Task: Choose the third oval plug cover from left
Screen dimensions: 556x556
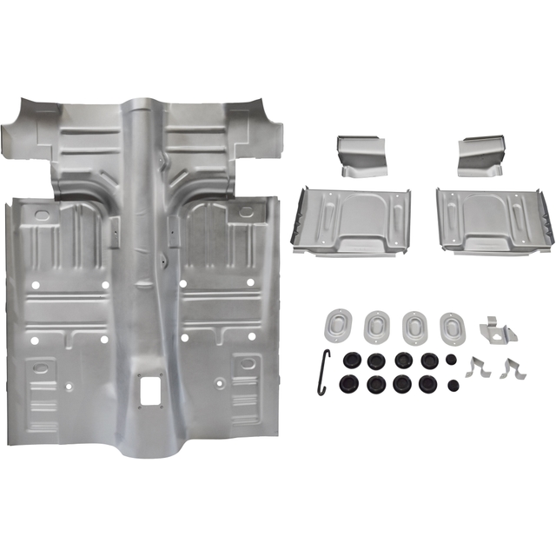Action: tap(415, 327)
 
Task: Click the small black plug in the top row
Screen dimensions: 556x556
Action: tap(451, 359)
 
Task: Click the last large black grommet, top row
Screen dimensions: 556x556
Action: tap(428, 360)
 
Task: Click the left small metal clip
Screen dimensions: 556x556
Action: tap(476, 367)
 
